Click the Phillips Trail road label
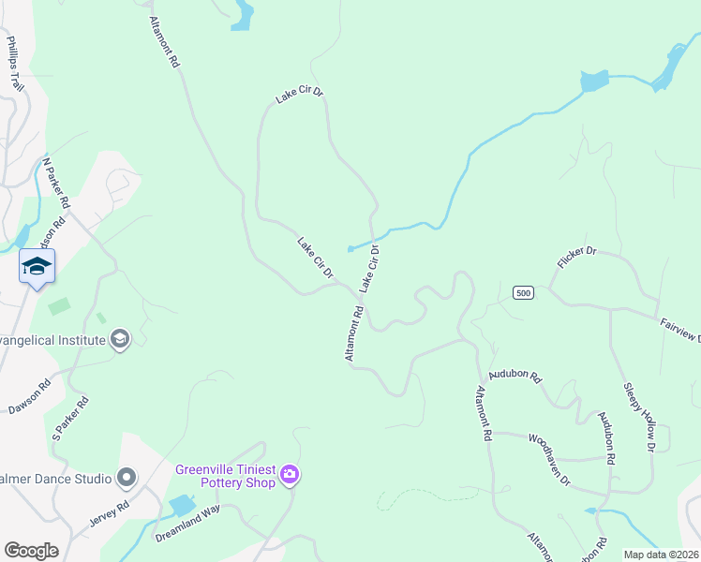tap(15, 64)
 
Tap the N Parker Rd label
tap(56, 183)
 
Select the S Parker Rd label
tap(69, 419)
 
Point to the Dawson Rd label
tap(28, 396)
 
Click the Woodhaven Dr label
tap(549, 458)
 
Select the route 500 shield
tap(524, 293)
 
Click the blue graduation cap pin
tap(37, 266)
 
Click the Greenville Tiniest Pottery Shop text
tap(226, 476)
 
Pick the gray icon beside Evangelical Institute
tap(119, 339)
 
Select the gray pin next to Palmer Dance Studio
tap(127, 479)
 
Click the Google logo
tap(31, 551)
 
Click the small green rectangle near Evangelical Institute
tap(60, 305)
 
